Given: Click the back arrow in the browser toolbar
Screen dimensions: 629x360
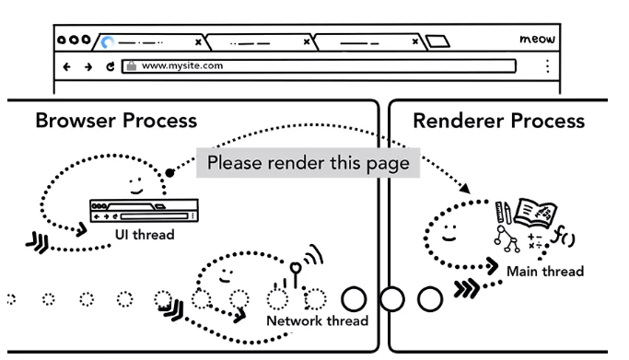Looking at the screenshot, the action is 67,66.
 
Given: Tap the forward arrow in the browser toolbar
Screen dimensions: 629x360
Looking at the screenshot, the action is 88,66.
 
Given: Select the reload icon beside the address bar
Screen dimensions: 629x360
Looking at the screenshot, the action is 111,66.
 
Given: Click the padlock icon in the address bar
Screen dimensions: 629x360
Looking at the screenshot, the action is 131,65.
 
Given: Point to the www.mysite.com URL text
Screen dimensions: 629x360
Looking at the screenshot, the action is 182,65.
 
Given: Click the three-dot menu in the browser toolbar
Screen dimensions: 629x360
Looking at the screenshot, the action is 548,66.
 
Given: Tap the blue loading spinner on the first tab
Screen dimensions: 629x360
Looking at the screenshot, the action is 107,42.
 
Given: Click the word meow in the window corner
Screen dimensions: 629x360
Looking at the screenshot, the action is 537,39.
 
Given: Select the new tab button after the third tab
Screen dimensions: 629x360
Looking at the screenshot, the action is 437,41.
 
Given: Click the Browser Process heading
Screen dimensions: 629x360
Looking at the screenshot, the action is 116,121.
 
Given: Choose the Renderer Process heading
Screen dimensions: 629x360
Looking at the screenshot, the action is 498,121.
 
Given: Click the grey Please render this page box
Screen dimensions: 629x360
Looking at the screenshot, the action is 309,163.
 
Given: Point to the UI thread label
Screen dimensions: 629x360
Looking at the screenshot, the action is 145,235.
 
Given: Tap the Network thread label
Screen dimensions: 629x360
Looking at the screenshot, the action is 318,320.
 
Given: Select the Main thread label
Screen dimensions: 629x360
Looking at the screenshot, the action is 545,272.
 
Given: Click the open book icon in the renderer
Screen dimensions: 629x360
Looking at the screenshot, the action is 536,213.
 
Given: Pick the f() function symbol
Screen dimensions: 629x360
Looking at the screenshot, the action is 563,236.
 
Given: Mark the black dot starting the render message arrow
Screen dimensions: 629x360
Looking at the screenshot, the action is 169,173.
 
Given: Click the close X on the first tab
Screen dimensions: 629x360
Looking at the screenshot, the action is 198,42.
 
